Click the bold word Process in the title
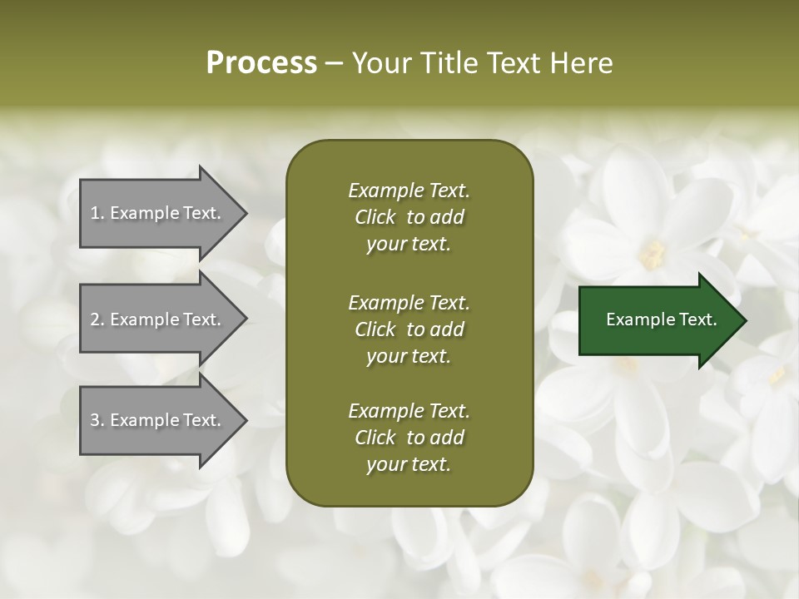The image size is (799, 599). (261, 63)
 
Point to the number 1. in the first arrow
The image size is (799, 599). (97, 213)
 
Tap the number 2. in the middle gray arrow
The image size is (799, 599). (97, 319)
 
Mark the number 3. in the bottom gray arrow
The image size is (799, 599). (97, 420)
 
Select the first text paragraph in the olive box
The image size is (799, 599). (409, 217)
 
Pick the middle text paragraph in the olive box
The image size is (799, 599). (409, 329)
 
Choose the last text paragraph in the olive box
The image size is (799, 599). (409, 438)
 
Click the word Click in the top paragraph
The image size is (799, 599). (375, 217)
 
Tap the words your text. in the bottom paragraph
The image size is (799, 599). (409, 464)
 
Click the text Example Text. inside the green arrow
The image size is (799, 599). (662, 319)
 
